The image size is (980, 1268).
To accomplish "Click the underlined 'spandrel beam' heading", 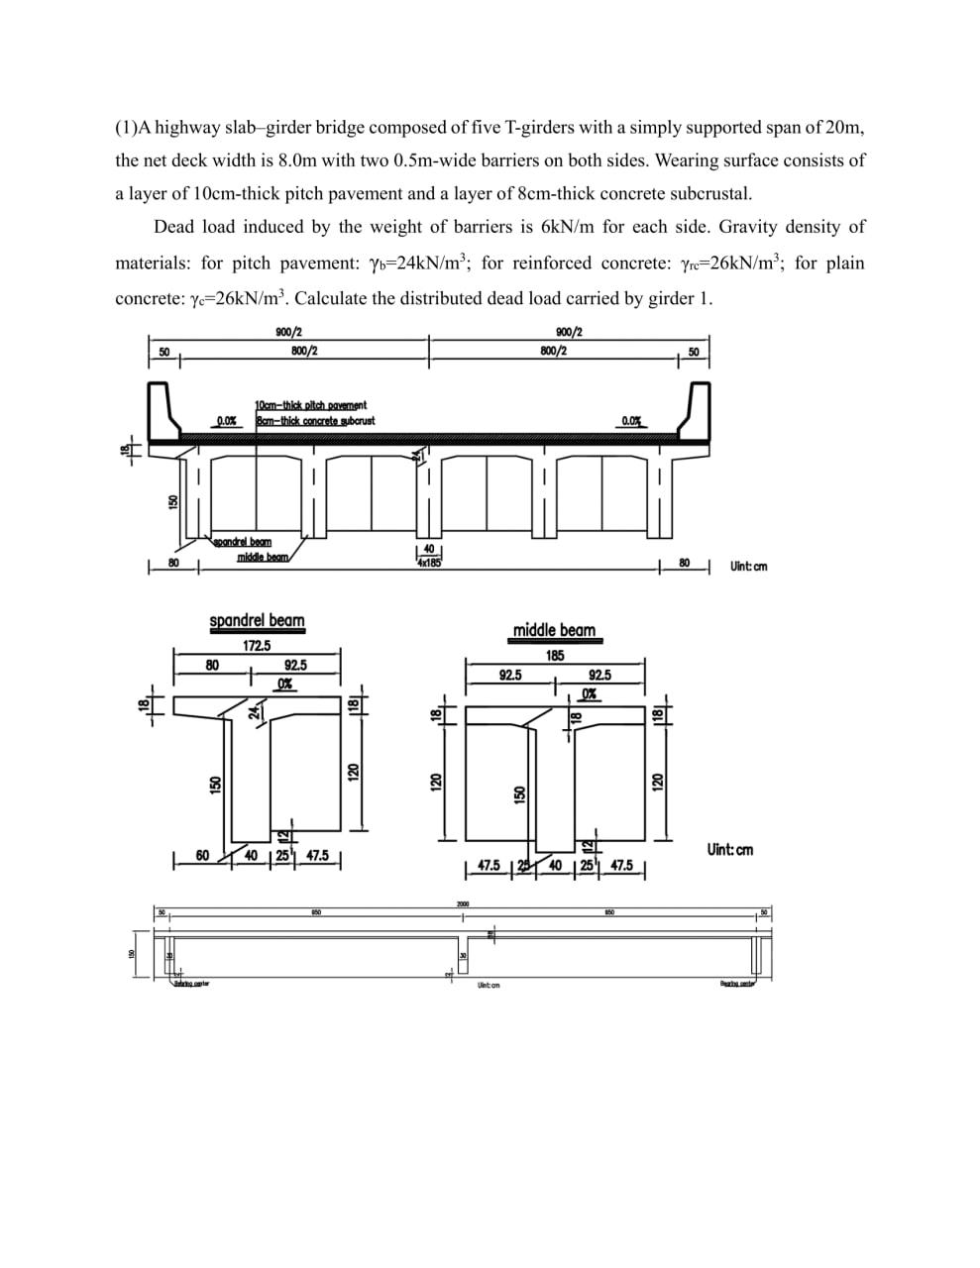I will pos(257,621).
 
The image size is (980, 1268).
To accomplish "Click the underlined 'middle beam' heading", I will pos(554,630).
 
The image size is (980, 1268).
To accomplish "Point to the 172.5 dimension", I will pos(257,646).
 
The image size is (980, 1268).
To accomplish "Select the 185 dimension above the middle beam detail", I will pos(555,656).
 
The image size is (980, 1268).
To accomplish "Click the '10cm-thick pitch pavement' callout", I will pos(311,405).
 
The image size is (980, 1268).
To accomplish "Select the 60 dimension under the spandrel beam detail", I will pos(202,855).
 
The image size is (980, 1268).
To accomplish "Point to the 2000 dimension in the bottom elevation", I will pos(462,903).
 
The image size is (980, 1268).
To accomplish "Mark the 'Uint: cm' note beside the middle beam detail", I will pos(729,849).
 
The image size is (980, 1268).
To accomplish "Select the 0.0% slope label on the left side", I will pos(227,421).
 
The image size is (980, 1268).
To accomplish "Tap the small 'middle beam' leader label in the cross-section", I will pos(262,557).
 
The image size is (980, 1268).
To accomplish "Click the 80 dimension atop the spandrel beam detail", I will pos(212,666).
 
